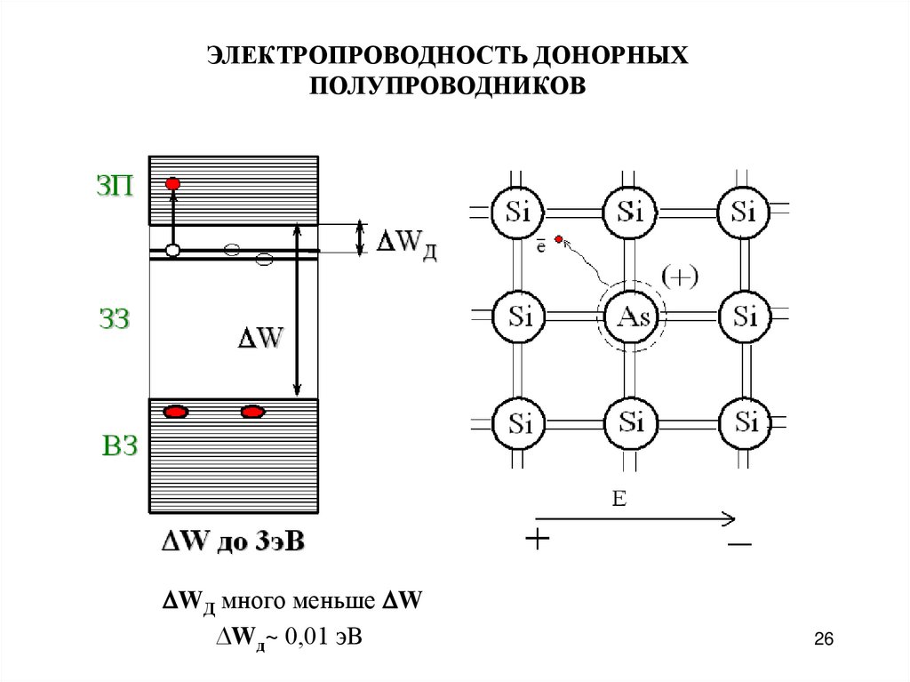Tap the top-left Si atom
tap(517, 213)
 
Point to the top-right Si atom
tap(744, 213)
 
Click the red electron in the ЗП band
tap(173, 183)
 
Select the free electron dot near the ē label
tap(558, 238)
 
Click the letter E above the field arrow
tap(619, 499)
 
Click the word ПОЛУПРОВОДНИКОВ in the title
tap(448, 86)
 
